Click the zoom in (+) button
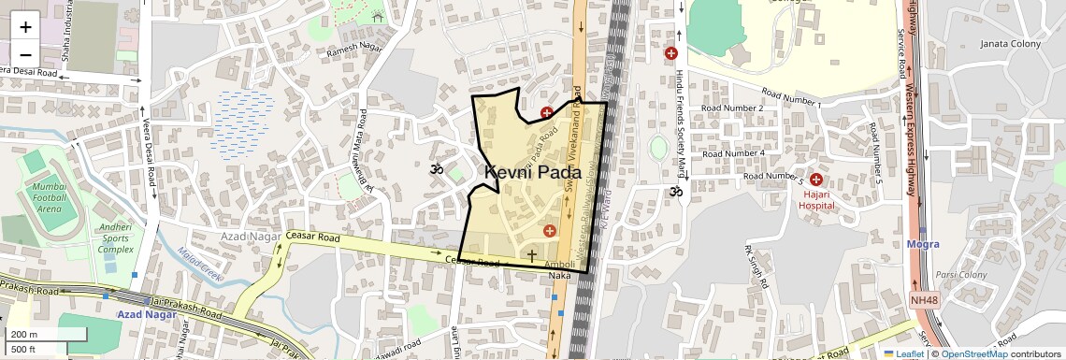(x=25, y=27)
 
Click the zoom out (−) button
(x=25, y=53)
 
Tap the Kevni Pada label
(x=533, y=173)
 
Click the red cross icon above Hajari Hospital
(x=816, y=179)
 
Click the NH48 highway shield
(x=922, y=299)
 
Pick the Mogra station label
(x=922, y=244)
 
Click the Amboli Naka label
(x=559, y=269)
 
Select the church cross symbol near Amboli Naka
(x=532, y=254)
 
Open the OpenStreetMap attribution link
(x=975, y=353)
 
